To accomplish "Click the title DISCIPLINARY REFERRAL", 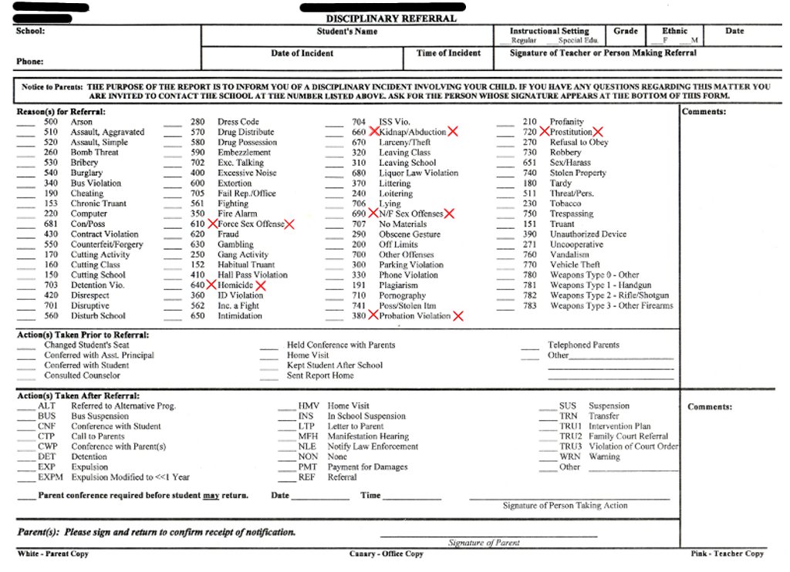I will [390, 19].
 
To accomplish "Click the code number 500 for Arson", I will [50, 122].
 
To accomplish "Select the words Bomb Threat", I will [94, 153].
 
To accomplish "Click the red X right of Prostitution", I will [598, 133].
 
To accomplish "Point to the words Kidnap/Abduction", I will [413, 133].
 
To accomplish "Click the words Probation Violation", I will [415, 316].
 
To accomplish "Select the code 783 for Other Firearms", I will [529, 306].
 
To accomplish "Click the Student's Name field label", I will [347, 32].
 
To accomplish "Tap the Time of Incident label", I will [448, 53].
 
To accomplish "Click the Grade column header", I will [626, 32].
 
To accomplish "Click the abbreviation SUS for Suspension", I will [568, 406].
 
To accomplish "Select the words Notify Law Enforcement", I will [373, 447].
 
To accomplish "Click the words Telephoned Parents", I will [583, 345].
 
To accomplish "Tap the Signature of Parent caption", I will [484, 543].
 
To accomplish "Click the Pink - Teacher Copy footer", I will [727, 553].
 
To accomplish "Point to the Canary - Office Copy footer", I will [386, 553].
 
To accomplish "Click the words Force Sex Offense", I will [251, 224].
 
